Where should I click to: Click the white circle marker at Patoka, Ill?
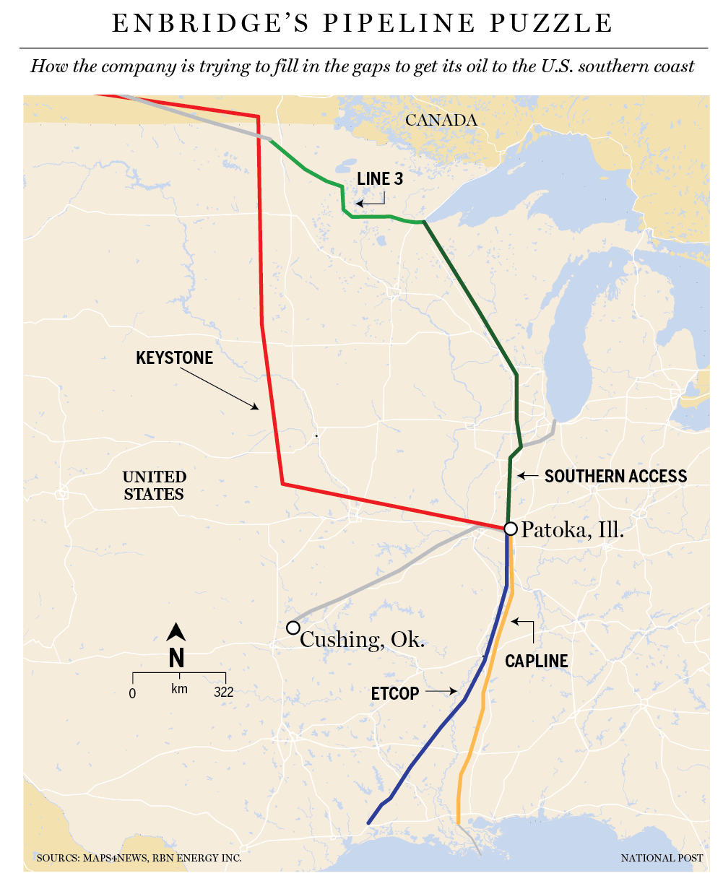click(510, 529)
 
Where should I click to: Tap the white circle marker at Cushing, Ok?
click(293, 628)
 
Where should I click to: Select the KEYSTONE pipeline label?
click(174, 358)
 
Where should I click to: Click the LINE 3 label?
click(380, 179)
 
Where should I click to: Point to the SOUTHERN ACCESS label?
click(615, 477)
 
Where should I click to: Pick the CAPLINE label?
click(536, 661)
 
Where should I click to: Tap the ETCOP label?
click(394, 694)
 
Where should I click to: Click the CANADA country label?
click(441, 120)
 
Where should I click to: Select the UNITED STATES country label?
click(154, 485)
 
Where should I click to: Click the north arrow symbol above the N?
click(176, 633)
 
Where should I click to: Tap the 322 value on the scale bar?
click(224, 693)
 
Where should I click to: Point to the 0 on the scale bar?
click(132, 693)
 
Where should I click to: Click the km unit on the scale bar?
click(179, 689)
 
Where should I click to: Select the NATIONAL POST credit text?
click(662, 858)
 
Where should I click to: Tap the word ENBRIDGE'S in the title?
click(210, 23)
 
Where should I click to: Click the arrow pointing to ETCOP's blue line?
click(441, 691)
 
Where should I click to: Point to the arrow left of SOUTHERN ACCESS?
click(528, 476)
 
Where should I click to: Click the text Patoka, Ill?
click(572, 530)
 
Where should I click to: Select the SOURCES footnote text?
click(139, 858)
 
